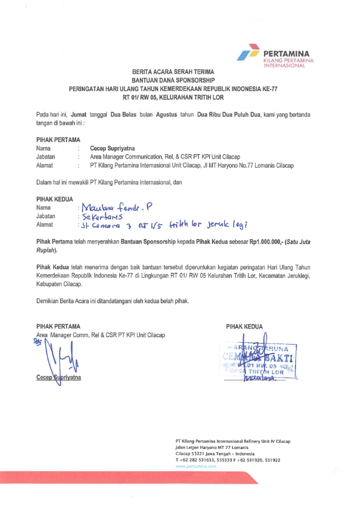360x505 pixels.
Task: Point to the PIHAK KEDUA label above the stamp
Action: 244,327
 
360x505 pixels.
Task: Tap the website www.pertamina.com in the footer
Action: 196,466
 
